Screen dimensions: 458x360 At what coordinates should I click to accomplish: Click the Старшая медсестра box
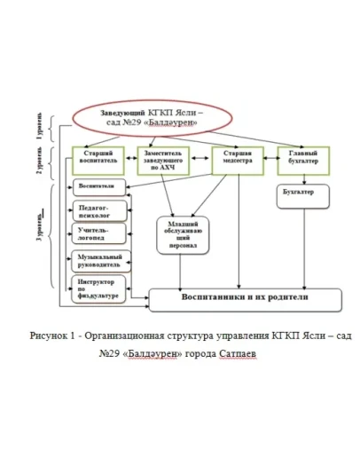click(x=232, y=160)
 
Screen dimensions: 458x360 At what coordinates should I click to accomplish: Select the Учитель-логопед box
click(x=97, y=234)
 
